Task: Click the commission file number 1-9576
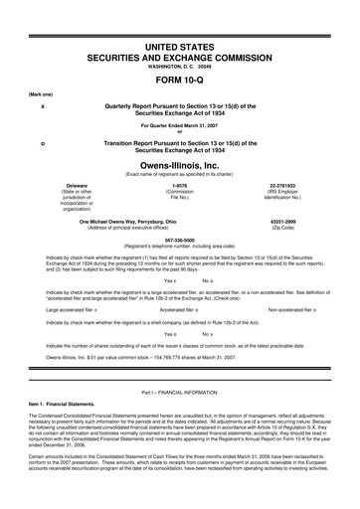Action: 180,185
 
